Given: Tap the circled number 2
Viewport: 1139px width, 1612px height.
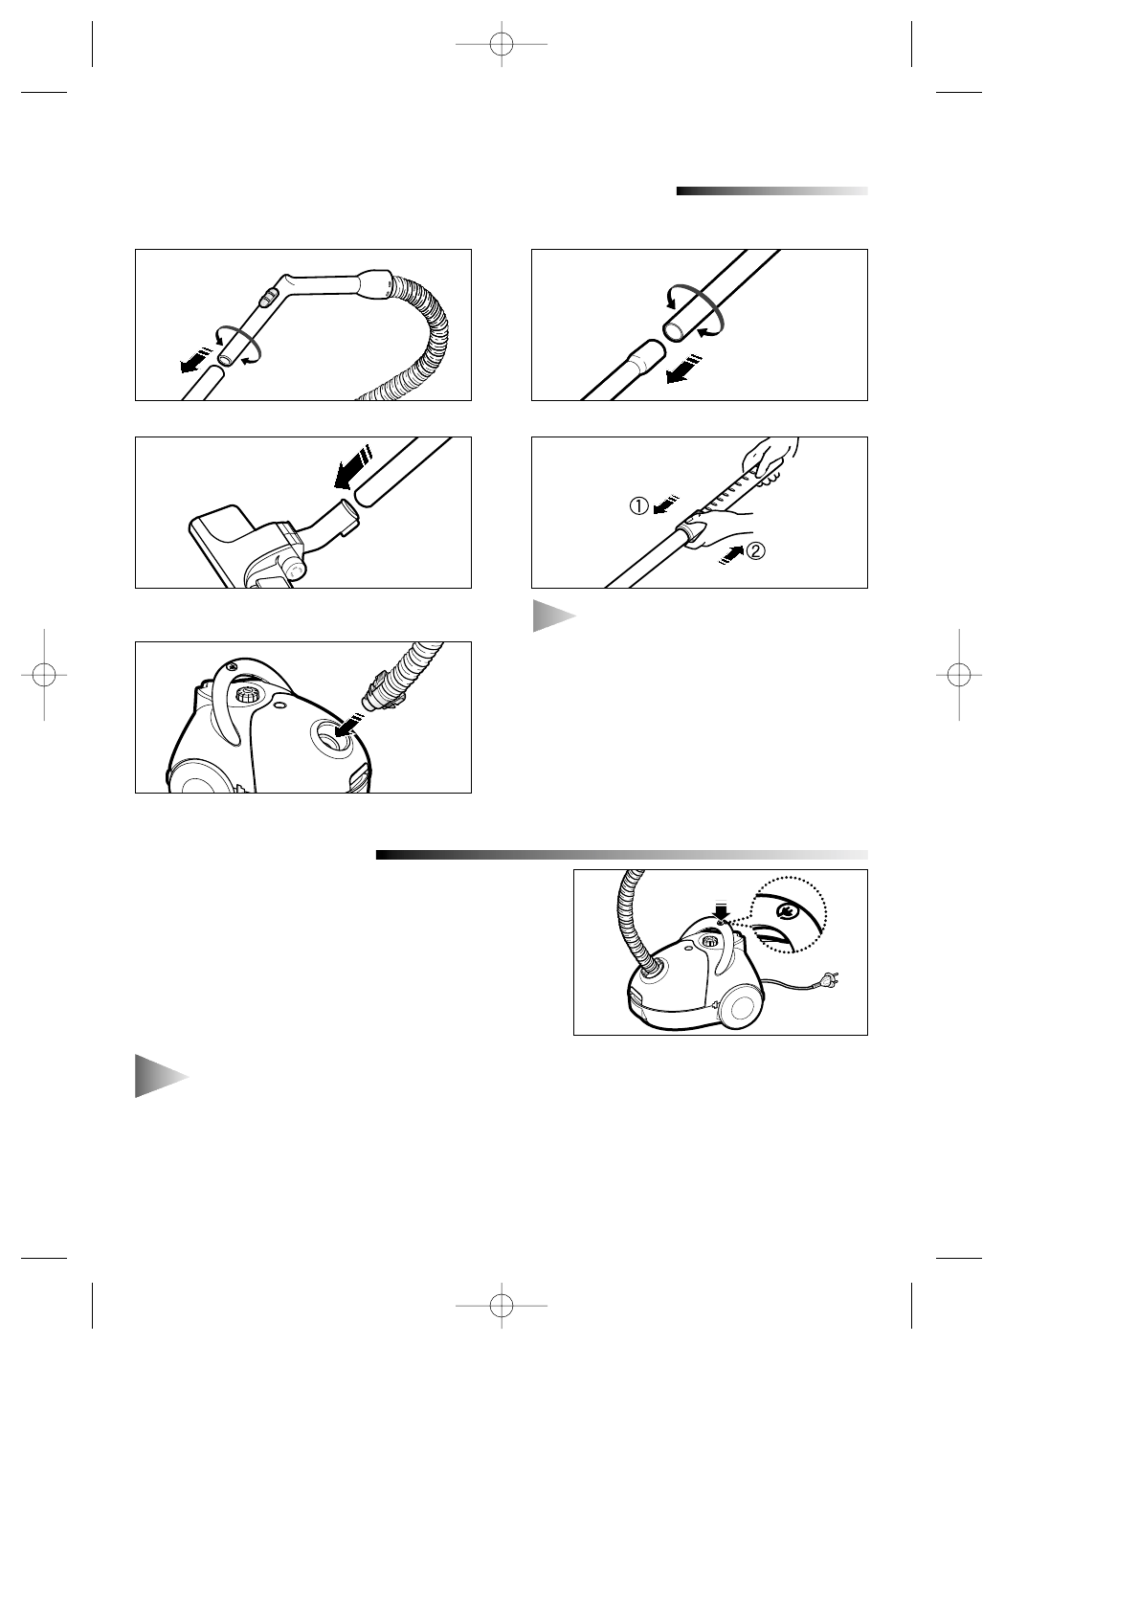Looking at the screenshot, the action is click(755, 551).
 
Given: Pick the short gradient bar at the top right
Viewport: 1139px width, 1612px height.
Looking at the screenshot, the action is click(771, 190).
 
